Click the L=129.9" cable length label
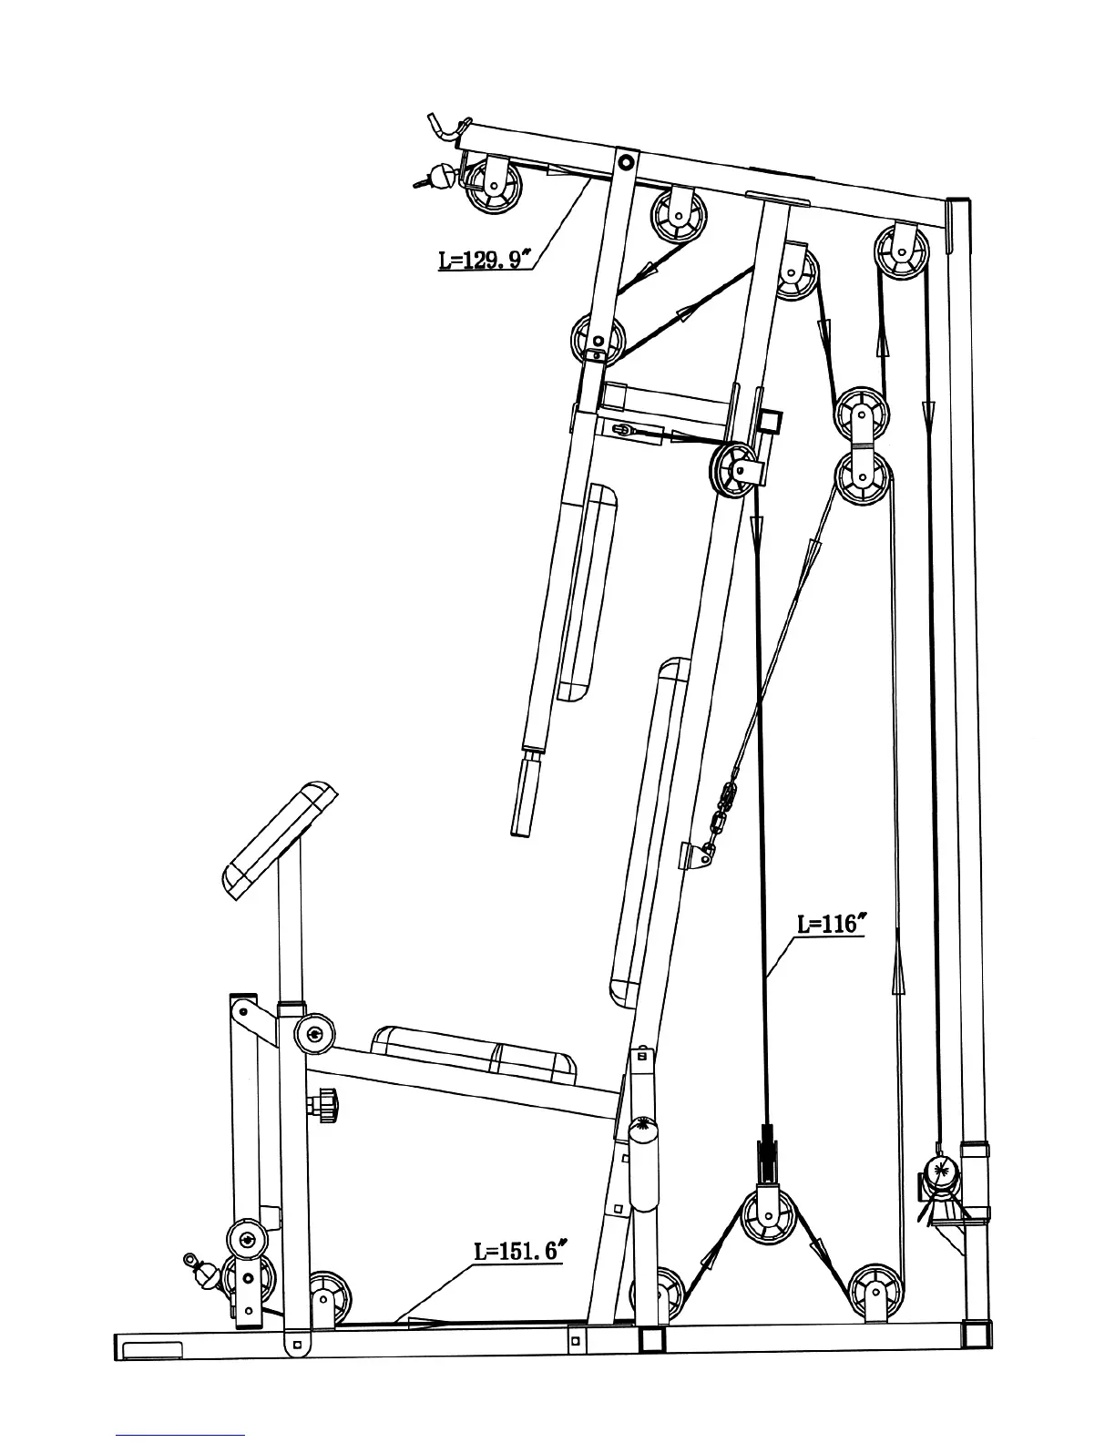pyautogui.click(x=482, y=260)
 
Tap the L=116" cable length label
pyautogui.click(x=827, y=924)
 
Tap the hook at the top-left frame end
pyautogui.click(x=446, y=128)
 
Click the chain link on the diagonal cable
pyautogui.click(x=725, y=802)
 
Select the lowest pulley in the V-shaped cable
pyautogui.click(x=767, y=1215)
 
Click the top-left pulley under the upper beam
pyautogui.click(x=494, y=188)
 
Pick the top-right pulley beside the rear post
pyautogui.click(x=901, y=248)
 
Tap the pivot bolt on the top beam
pyautogui.click(x=624, y=163)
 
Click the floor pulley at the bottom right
pyautogui.click(x=875, y=1292)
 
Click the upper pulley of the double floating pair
pyautogui.click(x=861, y=414)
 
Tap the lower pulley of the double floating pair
pyautogui.click(x=861, y=476)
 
